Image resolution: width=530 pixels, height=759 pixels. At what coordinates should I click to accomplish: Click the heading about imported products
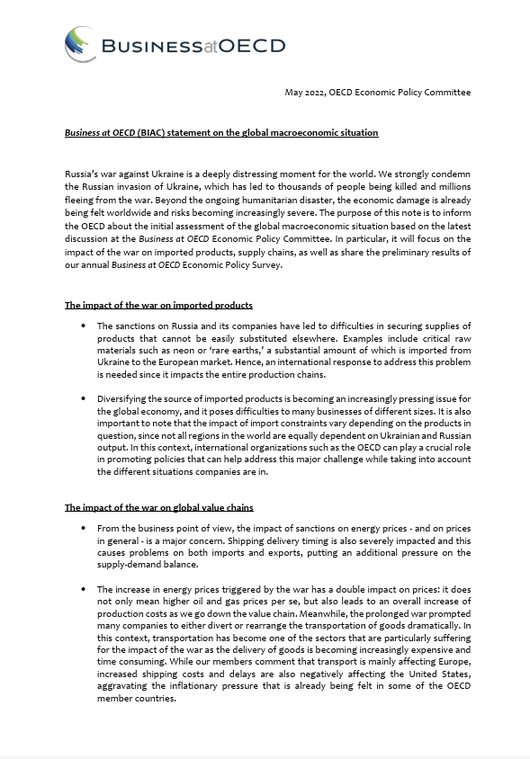(x=158, y=306)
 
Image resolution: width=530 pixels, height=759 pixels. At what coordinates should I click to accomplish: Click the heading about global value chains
(x=158, y=507)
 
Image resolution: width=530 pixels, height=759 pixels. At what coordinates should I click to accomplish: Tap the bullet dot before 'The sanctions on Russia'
(x=84, y=326)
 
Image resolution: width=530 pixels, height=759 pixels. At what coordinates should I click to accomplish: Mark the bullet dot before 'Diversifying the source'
(x=84, y=397)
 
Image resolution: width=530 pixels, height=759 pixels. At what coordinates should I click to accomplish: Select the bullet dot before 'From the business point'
(x=84, y=528)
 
